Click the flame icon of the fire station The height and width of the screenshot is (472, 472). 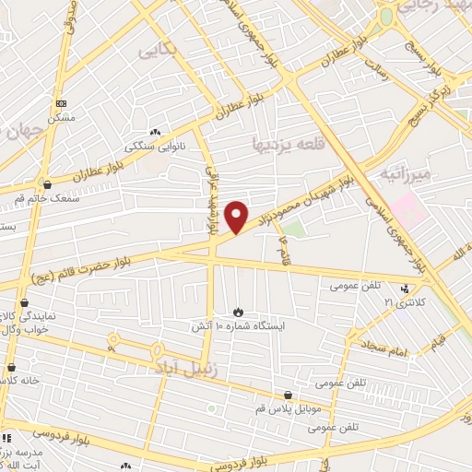pyautogui.click(x=239, y=313)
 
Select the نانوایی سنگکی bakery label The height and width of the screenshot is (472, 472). pyautogui.click(x=155, y=147)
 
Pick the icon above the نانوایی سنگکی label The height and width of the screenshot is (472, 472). pyautogui.click(x=155, y=133)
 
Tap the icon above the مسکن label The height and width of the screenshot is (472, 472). pyautogui.click(x=61, y=104)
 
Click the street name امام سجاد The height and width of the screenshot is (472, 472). pyautogui.click(x=383, y=350)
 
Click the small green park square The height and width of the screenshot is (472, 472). pyautogui.click(x=293, y=228)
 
